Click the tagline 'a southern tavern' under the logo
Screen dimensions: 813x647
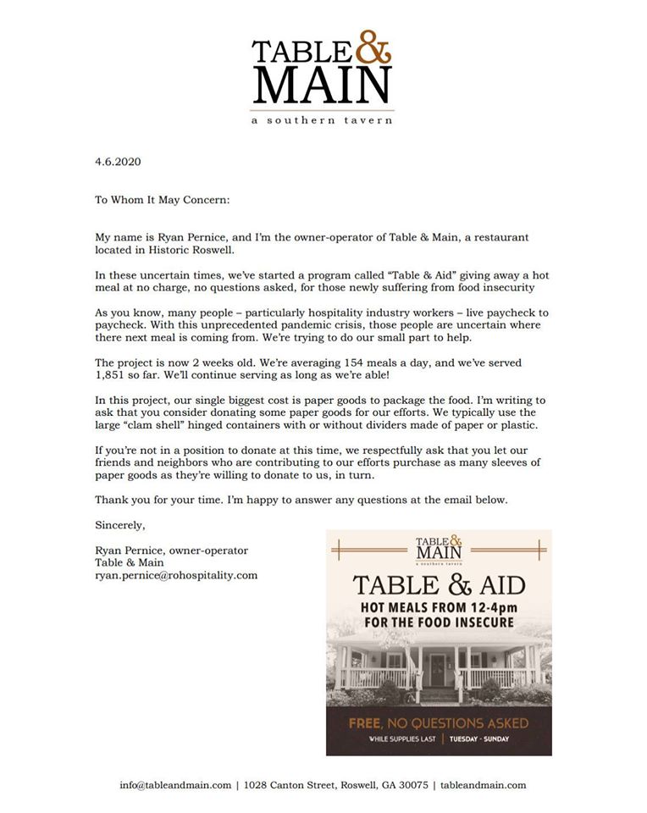[322, 120]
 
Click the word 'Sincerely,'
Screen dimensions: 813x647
[120, 525]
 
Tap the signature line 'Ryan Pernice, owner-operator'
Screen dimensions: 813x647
[171, 550]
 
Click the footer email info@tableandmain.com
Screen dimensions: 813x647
[175, 785]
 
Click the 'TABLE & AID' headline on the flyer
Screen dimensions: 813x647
[439, 585]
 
